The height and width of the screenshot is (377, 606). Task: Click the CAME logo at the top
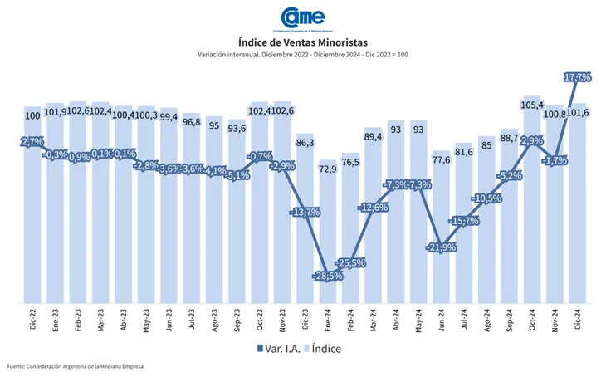[303, 17]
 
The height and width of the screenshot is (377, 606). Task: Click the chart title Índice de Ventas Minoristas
[303, 42]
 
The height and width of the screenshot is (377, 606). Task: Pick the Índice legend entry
[330, 349]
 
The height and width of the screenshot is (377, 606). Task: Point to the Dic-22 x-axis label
[32, 319]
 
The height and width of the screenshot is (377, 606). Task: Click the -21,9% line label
[441, 248]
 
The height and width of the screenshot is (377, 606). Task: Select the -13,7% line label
[305, 213]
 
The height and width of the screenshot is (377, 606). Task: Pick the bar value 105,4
[532, 105]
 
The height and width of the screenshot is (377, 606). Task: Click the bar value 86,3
[305, 143]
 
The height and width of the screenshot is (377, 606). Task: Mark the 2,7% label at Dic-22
[32, 143]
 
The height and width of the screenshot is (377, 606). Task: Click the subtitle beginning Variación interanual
[303, 55]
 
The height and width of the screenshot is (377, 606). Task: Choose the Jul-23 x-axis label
[191, 319]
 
